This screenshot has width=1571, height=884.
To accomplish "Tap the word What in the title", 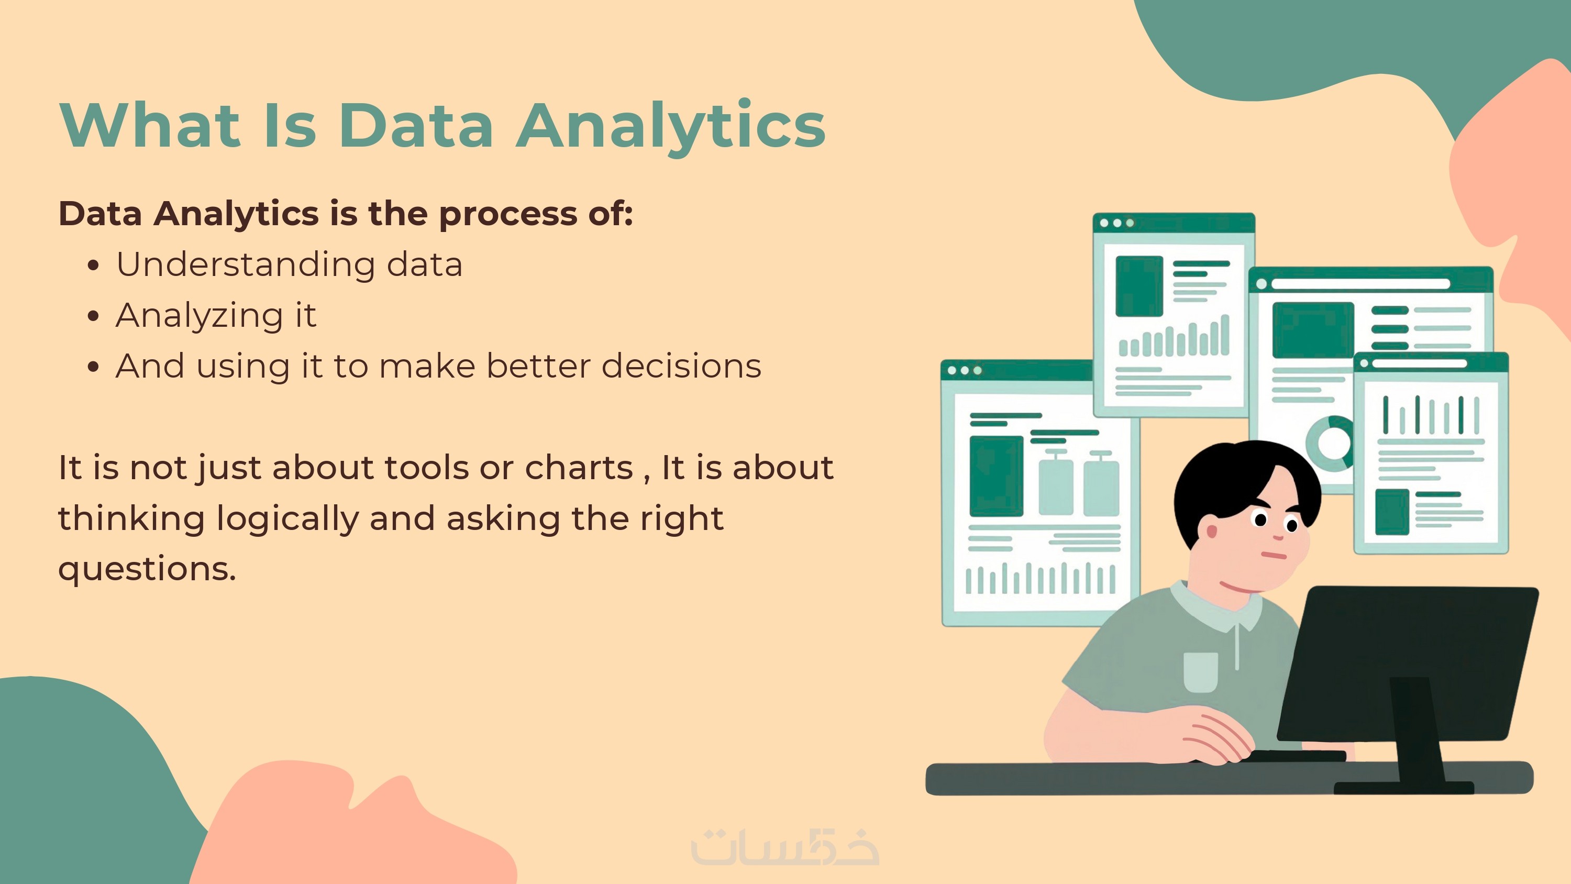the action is (150, 125).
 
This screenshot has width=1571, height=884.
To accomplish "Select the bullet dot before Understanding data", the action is (93, 266).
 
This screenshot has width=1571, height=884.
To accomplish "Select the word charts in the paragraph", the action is (579, 468).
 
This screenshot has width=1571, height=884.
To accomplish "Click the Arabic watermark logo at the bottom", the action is (785, 847).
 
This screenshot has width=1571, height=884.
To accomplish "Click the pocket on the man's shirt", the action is (1200, 672).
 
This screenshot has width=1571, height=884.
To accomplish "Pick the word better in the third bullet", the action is (538, 366).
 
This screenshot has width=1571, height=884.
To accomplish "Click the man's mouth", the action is (1274, 555).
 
